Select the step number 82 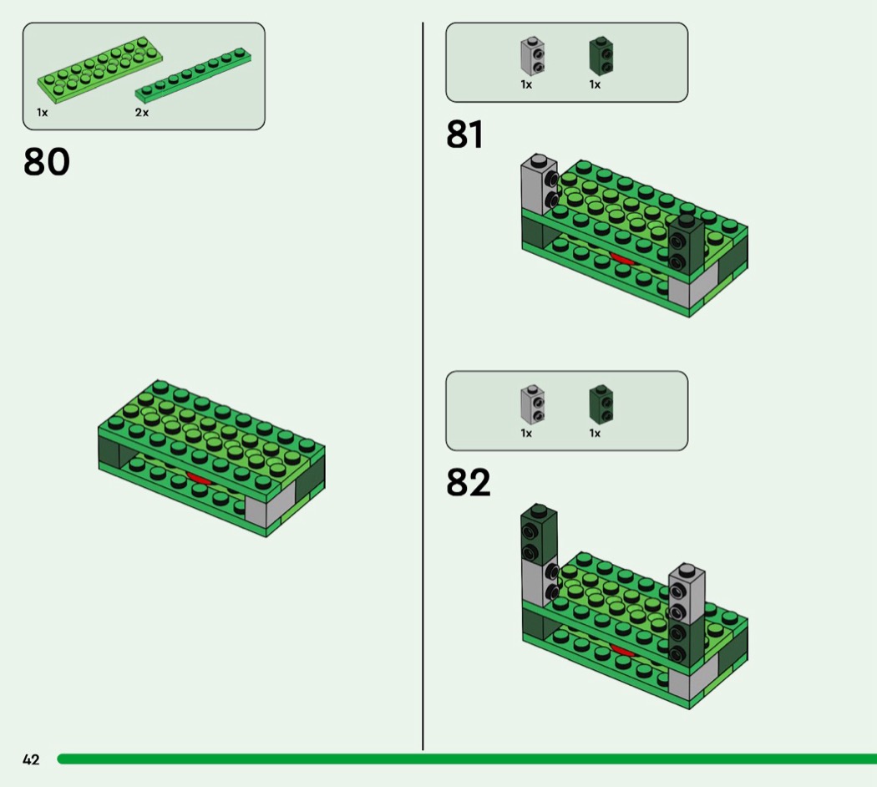coord(468,482)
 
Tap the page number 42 coord(31,759)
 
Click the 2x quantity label coord(142,112)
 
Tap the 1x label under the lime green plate coord(42,112)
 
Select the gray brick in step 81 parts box coord(532,56)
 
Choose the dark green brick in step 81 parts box coord(600,56)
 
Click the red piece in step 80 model coord(199,478)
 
